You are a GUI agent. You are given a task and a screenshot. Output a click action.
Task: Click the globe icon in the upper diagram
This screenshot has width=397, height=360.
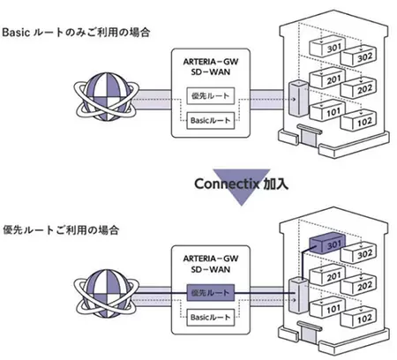106,97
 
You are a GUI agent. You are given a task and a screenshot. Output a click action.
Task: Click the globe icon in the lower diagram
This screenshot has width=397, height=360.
106,294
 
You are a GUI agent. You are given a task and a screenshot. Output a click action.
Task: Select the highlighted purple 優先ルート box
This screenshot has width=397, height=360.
211,293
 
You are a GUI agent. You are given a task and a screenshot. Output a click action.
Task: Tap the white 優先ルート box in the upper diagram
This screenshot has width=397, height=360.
211,96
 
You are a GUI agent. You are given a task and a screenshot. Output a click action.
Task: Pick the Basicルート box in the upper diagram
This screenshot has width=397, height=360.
211,121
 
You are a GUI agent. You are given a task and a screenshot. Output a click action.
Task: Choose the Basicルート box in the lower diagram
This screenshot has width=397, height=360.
211,318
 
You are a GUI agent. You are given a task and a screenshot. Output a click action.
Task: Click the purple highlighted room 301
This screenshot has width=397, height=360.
327,243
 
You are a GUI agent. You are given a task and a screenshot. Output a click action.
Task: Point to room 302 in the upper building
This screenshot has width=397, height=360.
359,56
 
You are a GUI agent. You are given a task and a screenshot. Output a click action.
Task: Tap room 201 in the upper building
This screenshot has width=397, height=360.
327,79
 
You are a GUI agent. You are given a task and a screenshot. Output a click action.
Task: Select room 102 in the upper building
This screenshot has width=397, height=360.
359,121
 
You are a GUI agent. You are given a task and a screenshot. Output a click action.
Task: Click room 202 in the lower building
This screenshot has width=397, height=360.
359,285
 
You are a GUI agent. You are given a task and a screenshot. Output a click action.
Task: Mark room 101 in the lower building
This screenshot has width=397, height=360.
327,308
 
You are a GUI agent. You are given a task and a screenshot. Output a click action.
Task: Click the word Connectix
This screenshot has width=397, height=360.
227,184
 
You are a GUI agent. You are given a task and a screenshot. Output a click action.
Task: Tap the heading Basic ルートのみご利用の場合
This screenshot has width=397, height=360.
76,32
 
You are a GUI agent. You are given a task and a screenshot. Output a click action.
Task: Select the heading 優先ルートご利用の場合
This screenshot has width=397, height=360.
61,229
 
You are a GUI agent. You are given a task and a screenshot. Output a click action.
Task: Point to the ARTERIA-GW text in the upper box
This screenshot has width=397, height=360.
211,62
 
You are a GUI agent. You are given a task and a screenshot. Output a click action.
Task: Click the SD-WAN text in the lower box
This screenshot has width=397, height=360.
211,269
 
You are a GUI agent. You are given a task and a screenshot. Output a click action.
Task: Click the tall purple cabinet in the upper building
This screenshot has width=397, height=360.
298,98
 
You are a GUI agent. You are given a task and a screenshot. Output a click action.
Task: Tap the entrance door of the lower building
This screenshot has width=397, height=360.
309,334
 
